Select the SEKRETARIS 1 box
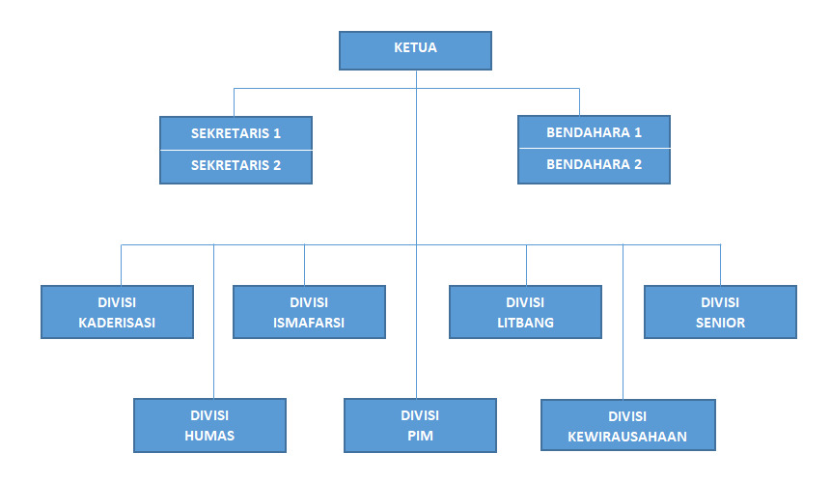point(235,133)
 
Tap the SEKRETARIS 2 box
point(235,166)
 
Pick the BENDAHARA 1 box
point(594,132)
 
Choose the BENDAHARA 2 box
point(594,165)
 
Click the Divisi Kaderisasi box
point(117,312)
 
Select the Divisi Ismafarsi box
point(309,312)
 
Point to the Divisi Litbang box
point(525,312)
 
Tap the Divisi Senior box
point(720,312)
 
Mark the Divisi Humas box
point(209,425)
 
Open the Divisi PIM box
point(420,425)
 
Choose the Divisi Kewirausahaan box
point(627,426)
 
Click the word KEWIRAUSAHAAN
point(627,437)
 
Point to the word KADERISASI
point(117,323)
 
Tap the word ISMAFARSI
point(309,323)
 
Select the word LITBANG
point(525,323)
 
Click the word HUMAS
point(209,436)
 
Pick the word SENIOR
point(720,323)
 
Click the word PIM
point(420,436)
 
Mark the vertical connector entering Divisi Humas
point(213,328)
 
